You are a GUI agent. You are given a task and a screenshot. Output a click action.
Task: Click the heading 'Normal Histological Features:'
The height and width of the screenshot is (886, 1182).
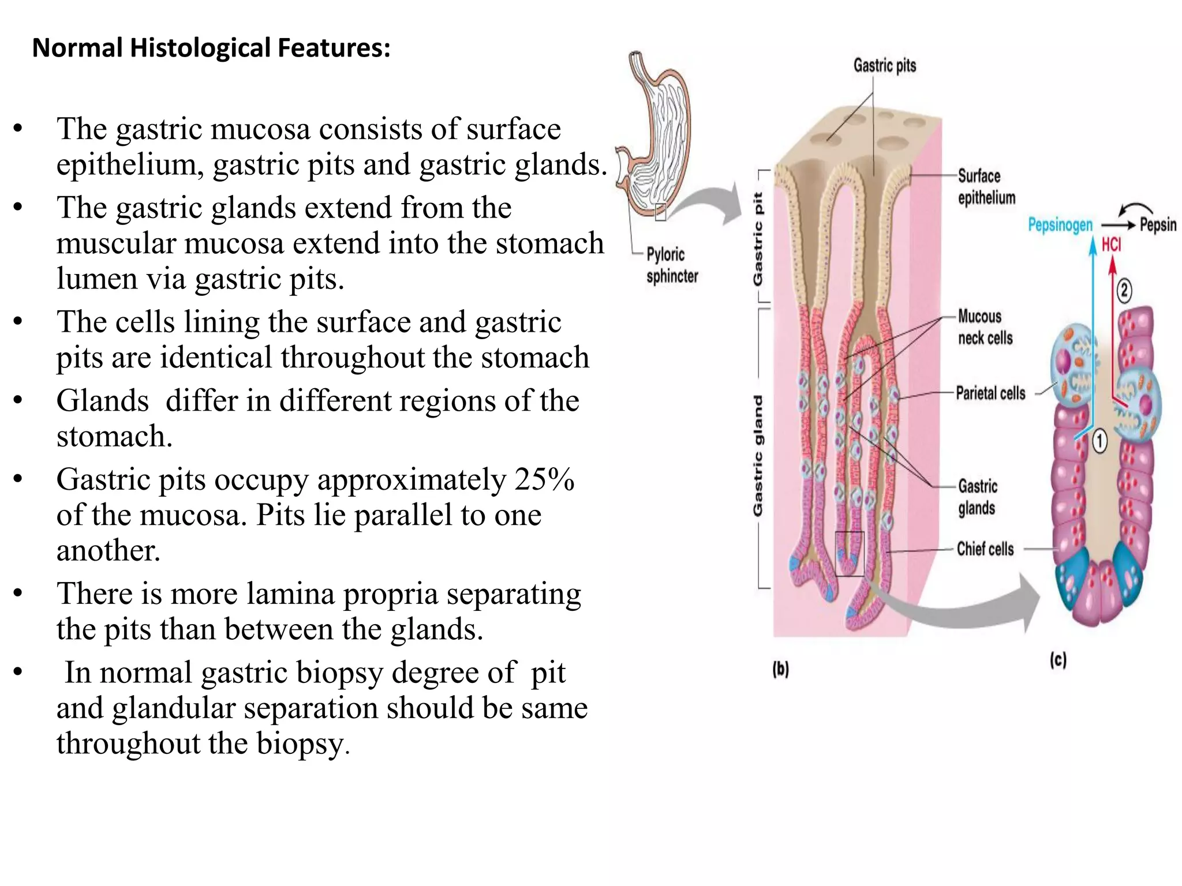211,48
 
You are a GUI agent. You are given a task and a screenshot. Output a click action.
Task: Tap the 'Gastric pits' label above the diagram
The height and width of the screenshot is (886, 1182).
884,66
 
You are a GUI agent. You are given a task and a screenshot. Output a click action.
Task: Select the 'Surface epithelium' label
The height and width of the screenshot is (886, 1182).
986,186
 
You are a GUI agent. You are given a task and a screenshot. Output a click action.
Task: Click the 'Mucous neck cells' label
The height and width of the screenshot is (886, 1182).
985,327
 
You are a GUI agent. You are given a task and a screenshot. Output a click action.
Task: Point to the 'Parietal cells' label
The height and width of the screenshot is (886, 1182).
990,393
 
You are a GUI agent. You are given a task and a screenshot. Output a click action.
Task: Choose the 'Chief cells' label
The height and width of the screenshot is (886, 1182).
985,549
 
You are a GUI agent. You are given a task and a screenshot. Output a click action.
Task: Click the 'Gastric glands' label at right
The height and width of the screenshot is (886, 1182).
978,497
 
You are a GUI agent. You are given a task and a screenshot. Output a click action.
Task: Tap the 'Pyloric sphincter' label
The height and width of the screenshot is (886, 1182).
672,265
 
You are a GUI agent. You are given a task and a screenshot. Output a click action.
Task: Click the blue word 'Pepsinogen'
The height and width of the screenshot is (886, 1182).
1060,225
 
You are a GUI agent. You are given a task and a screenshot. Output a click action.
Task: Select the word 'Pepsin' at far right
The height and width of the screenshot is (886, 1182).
1158,224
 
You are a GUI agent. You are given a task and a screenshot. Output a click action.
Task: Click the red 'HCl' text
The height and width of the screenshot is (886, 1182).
1111,245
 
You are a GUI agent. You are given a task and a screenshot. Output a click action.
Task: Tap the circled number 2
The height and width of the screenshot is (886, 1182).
1124,290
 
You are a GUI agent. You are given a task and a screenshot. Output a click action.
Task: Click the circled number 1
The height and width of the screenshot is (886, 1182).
1099,442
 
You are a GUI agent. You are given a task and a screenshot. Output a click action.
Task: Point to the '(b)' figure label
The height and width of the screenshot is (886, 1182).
780,669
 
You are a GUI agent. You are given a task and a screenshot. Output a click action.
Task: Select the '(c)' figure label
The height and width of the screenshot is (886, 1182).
1057,660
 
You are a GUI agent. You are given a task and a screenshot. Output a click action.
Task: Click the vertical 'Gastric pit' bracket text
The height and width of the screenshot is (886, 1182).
758,239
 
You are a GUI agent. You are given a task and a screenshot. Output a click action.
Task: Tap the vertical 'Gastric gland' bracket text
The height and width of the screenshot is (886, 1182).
758,456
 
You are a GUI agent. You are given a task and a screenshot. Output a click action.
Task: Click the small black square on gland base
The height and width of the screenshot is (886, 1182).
850,554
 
